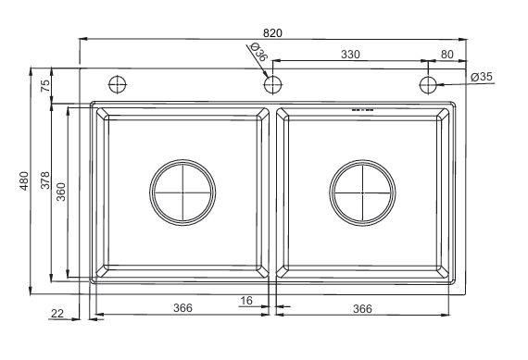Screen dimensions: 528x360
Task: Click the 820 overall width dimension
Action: point(272,33)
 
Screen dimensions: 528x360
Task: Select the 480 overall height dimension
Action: point(25,181)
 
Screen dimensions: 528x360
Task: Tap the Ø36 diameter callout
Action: point(258,52)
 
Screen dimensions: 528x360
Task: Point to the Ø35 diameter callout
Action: point(482,77)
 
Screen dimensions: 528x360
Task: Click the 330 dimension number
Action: point(350,55)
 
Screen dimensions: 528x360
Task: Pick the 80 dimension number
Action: point(446,55)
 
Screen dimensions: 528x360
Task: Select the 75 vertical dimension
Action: point(45,85)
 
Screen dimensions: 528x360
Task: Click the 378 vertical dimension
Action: point(45,180)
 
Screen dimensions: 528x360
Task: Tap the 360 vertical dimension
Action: point(61,192)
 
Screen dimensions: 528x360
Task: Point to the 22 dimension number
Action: point(57,314)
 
